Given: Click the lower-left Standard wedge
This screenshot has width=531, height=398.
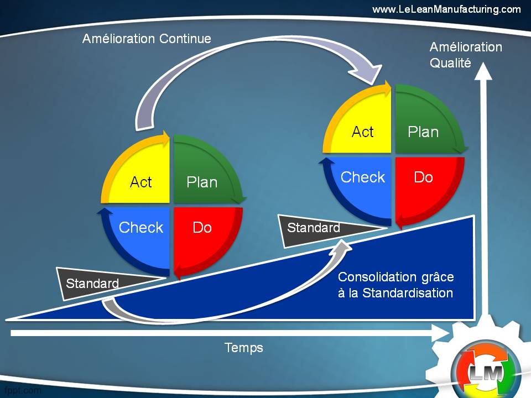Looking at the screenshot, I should pyautogui.click(x=94, y=282).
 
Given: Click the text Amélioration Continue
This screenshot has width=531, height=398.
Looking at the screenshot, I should pyautogui.click(x=147, y=39).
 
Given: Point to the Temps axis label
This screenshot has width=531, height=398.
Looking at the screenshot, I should pyautogui.click(x=244, y=348).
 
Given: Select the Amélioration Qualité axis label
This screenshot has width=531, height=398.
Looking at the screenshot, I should pyautogui.click(x=466, y=55).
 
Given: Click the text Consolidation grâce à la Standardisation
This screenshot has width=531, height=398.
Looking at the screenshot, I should pyautogui.click(x=395, y=285).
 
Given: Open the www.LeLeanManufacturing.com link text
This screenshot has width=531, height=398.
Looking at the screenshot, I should pyautogui.click(x=446, y=9).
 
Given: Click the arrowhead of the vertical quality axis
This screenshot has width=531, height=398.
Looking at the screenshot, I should pyautogui.click(x=484, y=71).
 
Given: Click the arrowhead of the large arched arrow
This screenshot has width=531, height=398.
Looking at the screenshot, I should pyautogui.click(x=368, y=75).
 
